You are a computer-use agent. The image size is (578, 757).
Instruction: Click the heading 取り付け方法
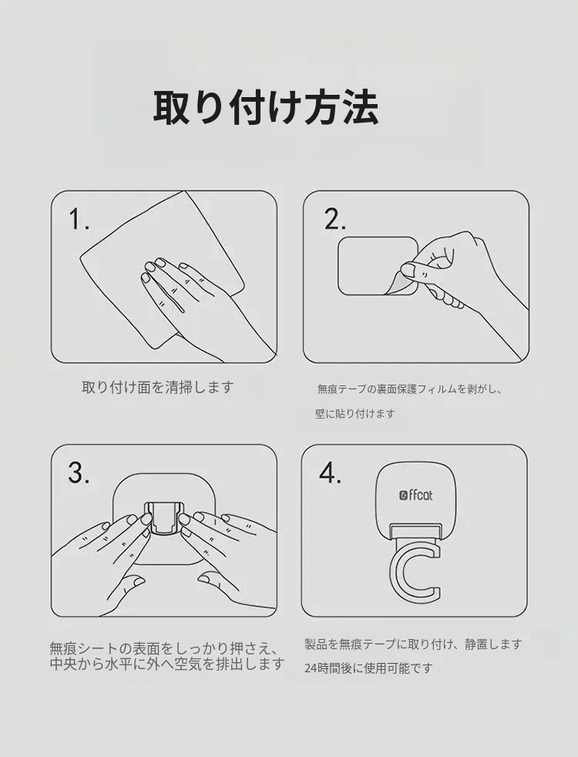265,107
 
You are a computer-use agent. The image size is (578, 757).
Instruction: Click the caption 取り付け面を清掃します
158,387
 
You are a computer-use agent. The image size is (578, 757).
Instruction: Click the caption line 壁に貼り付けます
355,414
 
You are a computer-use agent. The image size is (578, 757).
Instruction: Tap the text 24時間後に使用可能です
368,668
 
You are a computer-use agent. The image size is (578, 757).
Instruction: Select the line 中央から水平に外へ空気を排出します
167,664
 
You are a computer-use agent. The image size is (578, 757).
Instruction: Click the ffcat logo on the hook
416,495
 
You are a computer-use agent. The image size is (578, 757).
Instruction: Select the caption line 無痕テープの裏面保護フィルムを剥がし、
410,389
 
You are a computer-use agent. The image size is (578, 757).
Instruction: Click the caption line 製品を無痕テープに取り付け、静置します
414,644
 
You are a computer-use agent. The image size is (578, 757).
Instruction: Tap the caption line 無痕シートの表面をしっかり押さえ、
164,648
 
